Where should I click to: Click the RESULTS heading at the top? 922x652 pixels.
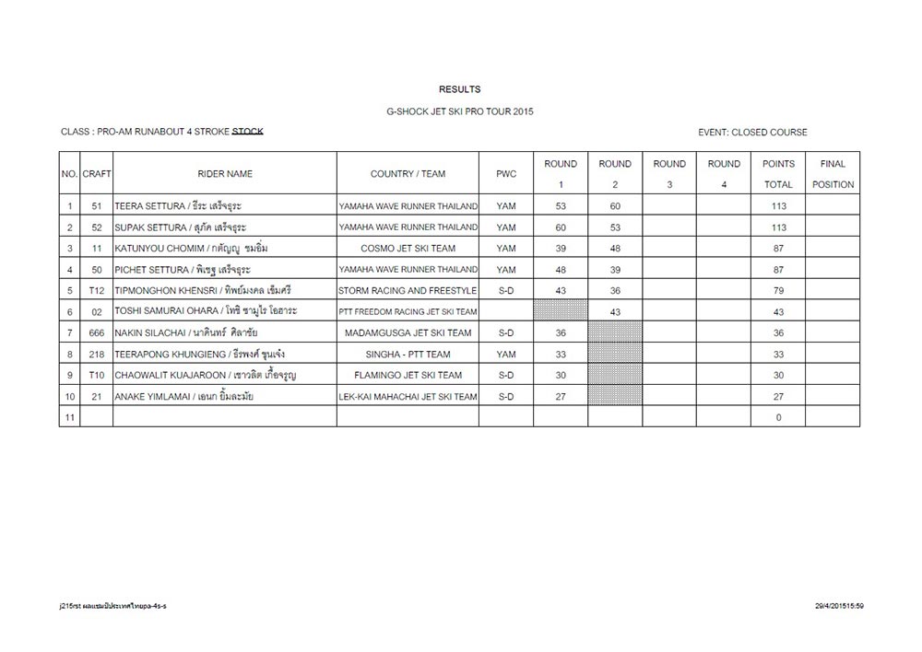coord(459,89)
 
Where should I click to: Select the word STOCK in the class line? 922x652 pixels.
coord(247,132)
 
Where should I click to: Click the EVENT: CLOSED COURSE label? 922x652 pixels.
coord(752,133)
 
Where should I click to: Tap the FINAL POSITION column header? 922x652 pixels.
coord(833,174)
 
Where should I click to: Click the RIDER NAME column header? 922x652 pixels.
coord(224,174)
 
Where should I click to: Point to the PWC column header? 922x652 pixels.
coord(506,174)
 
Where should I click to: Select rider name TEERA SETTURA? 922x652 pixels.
coord(145,205)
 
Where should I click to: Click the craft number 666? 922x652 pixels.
coord(97,332)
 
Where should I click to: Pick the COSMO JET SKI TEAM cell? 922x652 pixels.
coord(408,248)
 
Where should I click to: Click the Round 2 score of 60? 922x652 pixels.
coord(615,205)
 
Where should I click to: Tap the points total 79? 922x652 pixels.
coord(778,290)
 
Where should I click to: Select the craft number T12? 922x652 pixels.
coord(97,290)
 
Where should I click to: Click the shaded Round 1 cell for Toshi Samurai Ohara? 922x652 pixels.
coord(561,311)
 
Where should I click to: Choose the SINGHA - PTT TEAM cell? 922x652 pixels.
coord(408,354)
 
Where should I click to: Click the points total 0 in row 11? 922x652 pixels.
coord(778,417)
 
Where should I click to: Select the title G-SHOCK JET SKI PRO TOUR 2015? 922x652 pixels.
coord(459,111)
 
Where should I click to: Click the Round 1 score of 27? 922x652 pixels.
coord(561,396)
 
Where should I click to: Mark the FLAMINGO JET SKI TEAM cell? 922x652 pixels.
coord(408,375)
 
